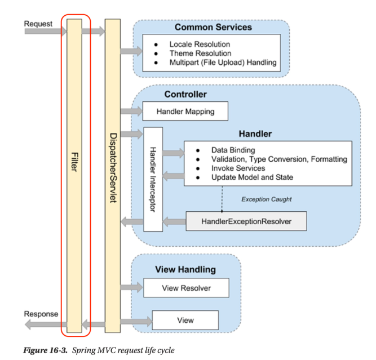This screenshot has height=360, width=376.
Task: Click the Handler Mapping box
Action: tap(185, 111)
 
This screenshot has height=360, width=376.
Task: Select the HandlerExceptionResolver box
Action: tap(246, 221)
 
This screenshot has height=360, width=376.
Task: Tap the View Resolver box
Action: tap(185, 288)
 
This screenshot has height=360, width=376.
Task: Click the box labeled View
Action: tap(185, 320)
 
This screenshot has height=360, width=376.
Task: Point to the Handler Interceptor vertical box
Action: tap(153, 179)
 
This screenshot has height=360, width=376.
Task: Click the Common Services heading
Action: tap(213, 27)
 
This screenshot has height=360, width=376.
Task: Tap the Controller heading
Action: tap(185, 94)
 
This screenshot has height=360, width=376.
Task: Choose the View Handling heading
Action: tap(185, 270)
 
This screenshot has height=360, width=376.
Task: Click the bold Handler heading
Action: tap(255, 134)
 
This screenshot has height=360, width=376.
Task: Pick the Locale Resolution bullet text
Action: tap(200, 44)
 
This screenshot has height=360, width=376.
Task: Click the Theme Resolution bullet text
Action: tap(200, 53)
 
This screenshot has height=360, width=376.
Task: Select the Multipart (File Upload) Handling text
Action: tap(223, 63)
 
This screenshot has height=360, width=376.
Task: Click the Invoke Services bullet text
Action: tap(238, 168)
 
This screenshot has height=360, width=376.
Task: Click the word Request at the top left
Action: tap(38, 24)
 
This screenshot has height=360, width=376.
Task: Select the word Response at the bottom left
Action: tap(41, 314)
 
